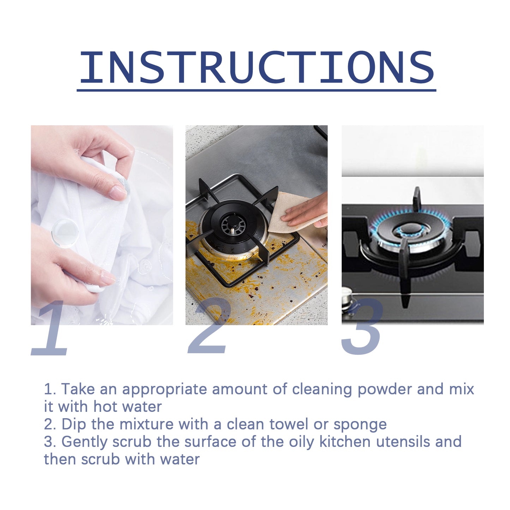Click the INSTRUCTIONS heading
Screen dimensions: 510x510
tap(257, 67)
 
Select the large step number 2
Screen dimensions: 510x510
tap(209, 326)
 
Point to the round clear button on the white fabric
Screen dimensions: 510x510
tap(65, 231)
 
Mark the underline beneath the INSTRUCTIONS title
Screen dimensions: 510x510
tap(257, 90)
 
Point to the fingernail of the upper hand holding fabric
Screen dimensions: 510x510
tap(118, 192)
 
